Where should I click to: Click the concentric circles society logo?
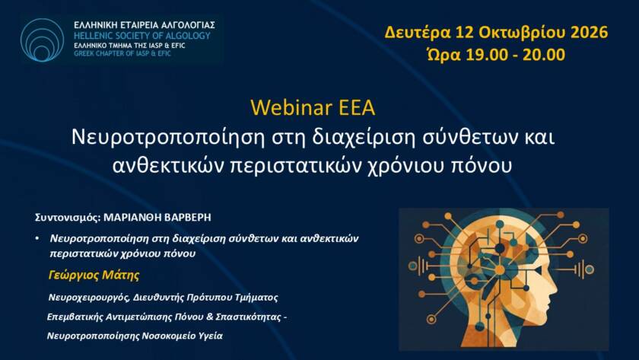42,40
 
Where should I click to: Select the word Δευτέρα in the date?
418,32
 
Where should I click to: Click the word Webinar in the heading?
291,107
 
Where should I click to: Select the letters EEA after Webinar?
357,107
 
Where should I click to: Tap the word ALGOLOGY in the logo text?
187,36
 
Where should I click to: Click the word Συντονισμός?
68,218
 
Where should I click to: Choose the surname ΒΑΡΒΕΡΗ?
189,218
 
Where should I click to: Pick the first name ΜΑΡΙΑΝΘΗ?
133,218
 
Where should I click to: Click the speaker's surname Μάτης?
121,276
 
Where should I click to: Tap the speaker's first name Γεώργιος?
74,276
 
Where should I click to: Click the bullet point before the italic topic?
37,238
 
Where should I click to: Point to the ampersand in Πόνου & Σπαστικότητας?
210,317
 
